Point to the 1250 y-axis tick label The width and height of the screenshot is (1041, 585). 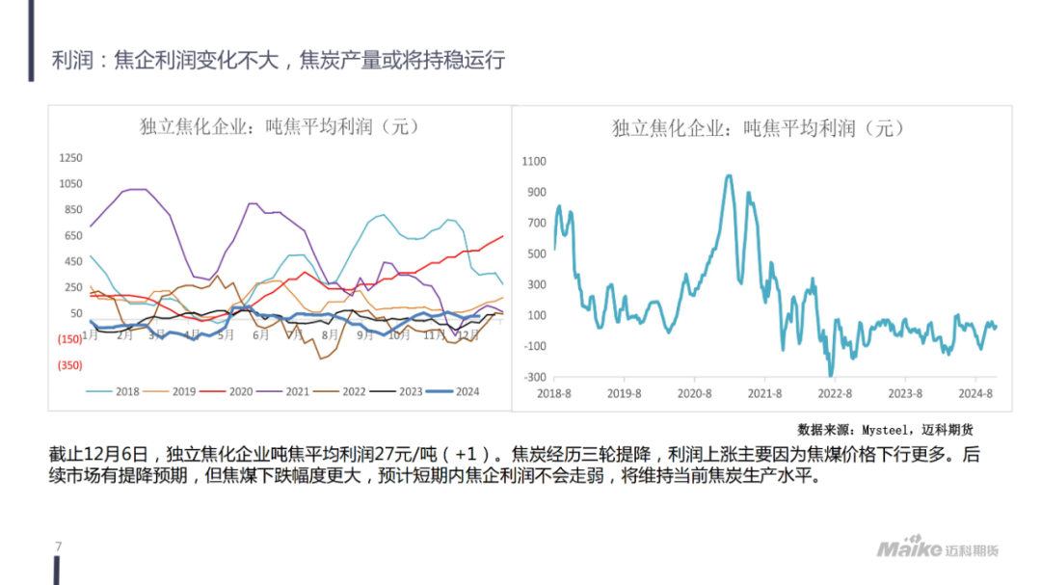(70, 158)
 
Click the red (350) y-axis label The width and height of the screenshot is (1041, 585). (69, 365)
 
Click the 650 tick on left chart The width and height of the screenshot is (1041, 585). (72, 236)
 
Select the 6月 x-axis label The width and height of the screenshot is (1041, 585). (260, 334)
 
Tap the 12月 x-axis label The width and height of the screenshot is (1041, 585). (469, 334)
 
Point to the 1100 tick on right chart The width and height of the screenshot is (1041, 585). (534, 162)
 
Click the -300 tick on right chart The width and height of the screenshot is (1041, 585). (535, 377)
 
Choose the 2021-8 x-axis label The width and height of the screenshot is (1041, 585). (765, 393)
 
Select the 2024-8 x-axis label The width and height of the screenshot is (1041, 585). (976, 393)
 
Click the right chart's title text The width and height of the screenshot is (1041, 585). (759, 128)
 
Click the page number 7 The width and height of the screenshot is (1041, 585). (59, 547)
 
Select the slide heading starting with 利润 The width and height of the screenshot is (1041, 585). (279, 61)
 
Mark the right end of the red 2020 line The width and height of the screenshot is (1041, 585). (502, 236)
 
